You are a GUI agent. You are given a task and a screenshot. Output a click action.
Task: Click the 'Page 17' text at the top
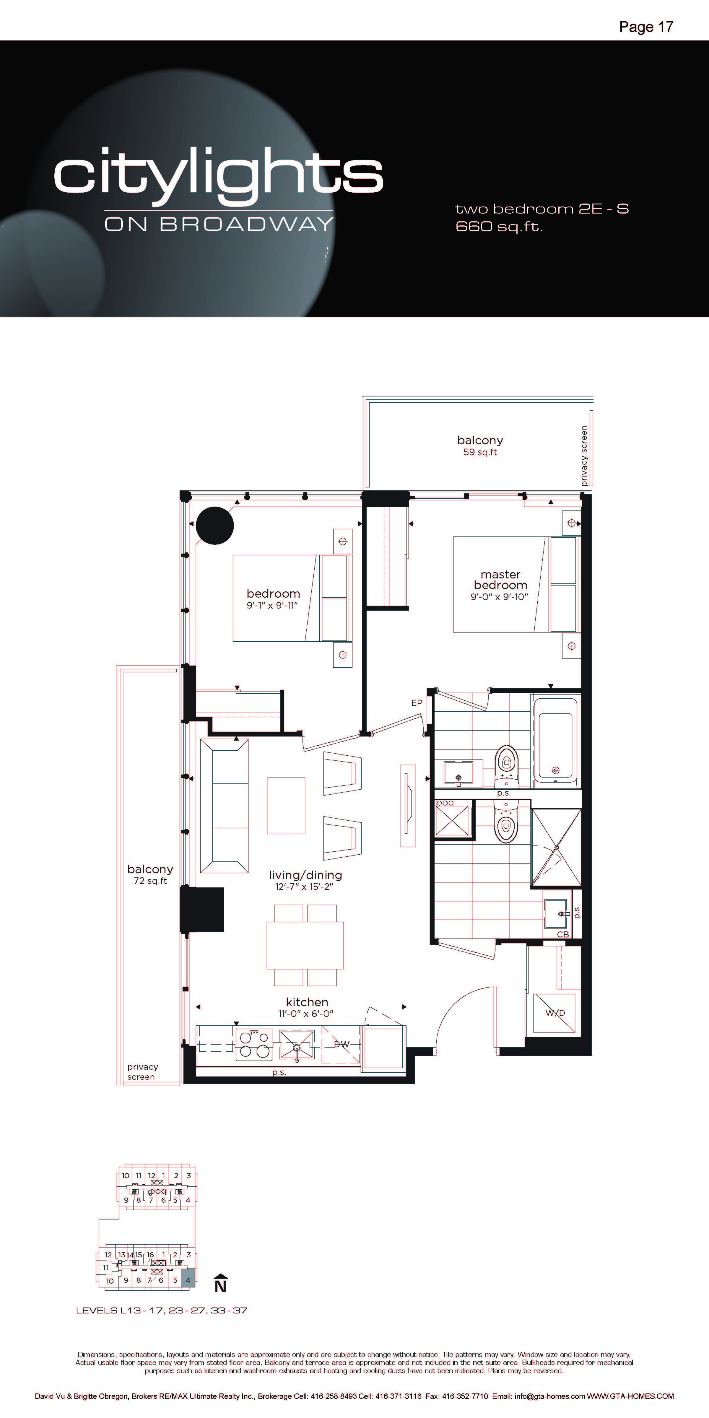tap(646, 27)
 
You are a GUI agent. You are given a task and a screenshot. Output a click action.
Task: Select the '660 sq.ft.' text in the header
tap(499, 226)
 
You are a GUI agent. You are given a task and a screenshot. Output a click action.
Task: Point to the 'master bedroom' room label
tap(500, 580)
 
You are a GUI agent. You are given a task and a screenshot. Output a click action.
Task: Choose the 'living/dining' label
tap(305, 875)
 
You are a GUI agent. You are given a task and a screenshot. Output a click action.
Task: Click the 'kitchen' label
tap(307, 1002)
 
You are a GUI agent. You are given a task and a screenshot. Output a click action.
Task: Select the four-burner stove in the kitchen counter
tap(254, 1044)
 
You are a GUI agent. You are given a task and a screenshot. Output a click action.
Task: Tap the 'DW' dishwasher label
tap(341, 1044)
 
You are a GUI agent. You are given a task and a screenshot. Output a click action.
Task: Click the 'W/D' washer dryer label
tap(555, 1013)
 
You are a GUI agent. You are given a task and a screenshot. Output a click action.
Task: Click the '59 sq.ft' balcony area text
tap(480, 453)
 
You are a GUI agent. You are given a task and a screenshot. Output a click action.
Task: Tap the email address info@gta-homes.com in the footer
tap(549, 1396)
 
